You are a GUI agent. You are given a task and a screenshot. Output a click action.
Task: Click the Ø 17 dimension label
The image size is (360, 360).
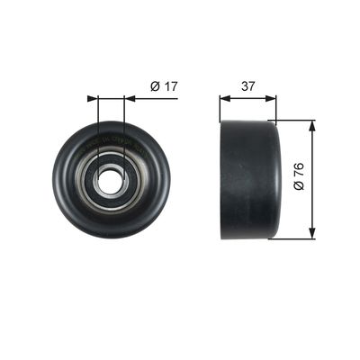point(164,86)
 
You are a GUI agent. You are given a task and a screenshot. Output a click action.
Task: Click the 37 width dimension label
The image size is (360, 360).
point(248,86)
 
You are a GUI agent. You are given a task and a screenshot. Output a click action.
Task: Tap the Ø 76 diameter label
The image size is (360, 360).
point(299,176)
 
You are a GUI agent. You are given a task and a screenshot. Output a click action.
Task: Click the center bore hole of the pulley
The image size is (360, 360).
point(111,178)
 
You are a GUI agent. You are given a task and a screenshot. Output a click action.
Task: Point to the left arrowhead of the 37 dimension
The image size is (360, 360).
point(225,98)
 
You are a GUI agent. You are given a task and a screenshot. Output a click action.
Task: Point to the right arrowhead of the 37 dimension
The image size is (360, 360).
point(271,98)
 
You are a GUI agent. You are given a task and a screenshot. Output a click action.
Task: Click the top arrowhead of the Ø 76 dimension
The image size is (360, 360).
point(312,126)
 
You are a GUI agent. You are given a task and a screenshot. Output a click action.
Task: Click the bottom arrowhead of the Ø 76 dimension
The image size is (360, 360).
point(312,233)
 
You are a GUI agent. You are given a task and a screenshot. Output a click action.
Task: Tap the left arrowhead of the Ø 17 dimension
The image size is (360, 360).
point(93,98)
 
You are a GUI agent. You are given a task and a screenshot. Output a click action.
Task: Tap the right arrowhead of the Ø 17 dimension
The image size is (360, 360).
point(130,98)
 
